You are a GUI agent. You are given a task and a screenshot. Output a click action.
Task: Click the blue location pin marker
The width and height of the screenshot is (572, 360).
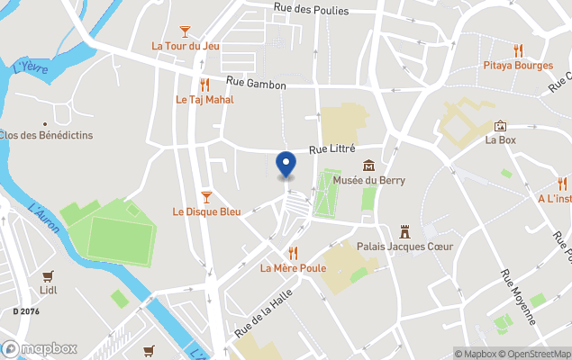286,165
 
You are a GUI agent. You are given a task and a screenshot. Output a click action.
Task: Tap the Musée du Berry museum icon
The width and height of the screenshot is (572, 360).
368,166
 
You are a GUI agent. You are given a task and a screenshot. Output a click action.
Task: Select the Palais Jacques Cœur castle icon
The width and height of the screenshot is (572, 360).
404,231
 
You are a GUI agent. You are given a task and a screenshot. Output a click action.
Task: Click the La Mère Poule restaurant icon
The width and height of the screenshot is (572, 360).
293,253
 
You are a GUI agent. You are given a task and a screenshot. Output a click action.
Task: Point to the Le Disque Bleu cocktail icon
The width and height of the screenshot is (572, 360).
206,197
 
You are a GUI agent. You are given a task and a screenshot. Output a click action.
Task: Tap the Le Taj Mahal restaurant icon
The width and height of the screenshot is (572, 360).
204,85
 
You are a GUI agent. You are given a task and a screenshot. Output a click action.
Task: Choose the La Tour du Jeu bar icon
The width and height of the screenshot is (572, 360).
186,31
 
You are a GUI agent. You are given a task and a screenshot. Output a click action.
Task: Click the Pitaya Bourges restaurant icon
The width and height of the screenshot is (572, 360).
517,50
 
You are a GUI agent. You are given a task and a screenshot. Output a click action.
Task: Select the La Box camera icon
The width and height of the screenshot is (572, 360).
500,126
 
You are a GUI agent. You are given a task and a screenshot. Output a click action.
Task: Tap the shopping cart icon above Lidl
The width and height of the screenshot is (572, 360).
48,276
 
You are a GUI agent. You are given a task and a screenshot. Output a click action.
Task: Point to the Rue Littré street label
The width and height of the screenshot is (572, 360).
332,148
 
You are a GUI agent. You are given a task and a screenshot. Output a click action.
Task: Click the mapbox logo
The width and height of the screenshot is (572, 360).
40,348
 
